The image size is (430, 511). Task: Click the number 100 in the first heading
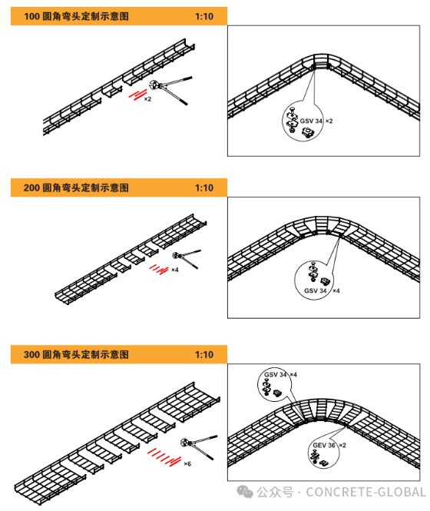(31, 16)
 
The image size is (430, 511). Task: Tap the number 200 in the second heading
(31, 187)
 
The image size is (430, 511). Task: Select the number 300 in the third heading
(31, 354)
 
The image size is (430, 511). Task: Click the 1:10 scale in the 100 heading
(204, 16)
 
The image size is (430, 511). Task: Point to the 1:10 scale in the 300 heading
(204, 354)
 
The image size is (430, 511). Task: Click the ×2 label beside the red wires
(148, 99)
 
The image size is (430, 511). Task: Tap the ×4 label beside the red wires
(175, 270)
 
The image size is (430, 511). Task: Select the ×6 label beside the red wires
(187, 464)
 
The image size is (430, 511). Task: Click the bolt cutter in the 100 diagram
(170, 90)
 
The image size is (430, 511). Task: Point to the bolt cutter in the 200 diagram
(187, 259)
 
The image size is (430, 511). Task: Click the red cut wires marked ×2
(137, 95)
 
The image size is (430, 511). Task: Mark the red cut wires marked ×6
(164, 457)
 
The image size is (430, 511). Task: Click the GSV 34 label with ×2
(311, 121)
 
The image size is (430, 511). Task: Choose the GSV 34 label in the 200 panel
(316, 290)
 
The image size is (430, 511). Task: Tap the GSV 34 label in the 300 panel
(275, 375)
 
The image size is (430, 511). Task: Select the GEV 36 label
(324, 445)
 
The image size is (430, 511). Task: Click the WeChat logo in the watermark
(245, 492)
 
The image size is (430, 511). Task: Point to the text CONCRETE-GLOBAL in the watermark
(365, 492)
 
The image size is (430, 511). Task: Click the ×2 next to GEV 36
(342, 445)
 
